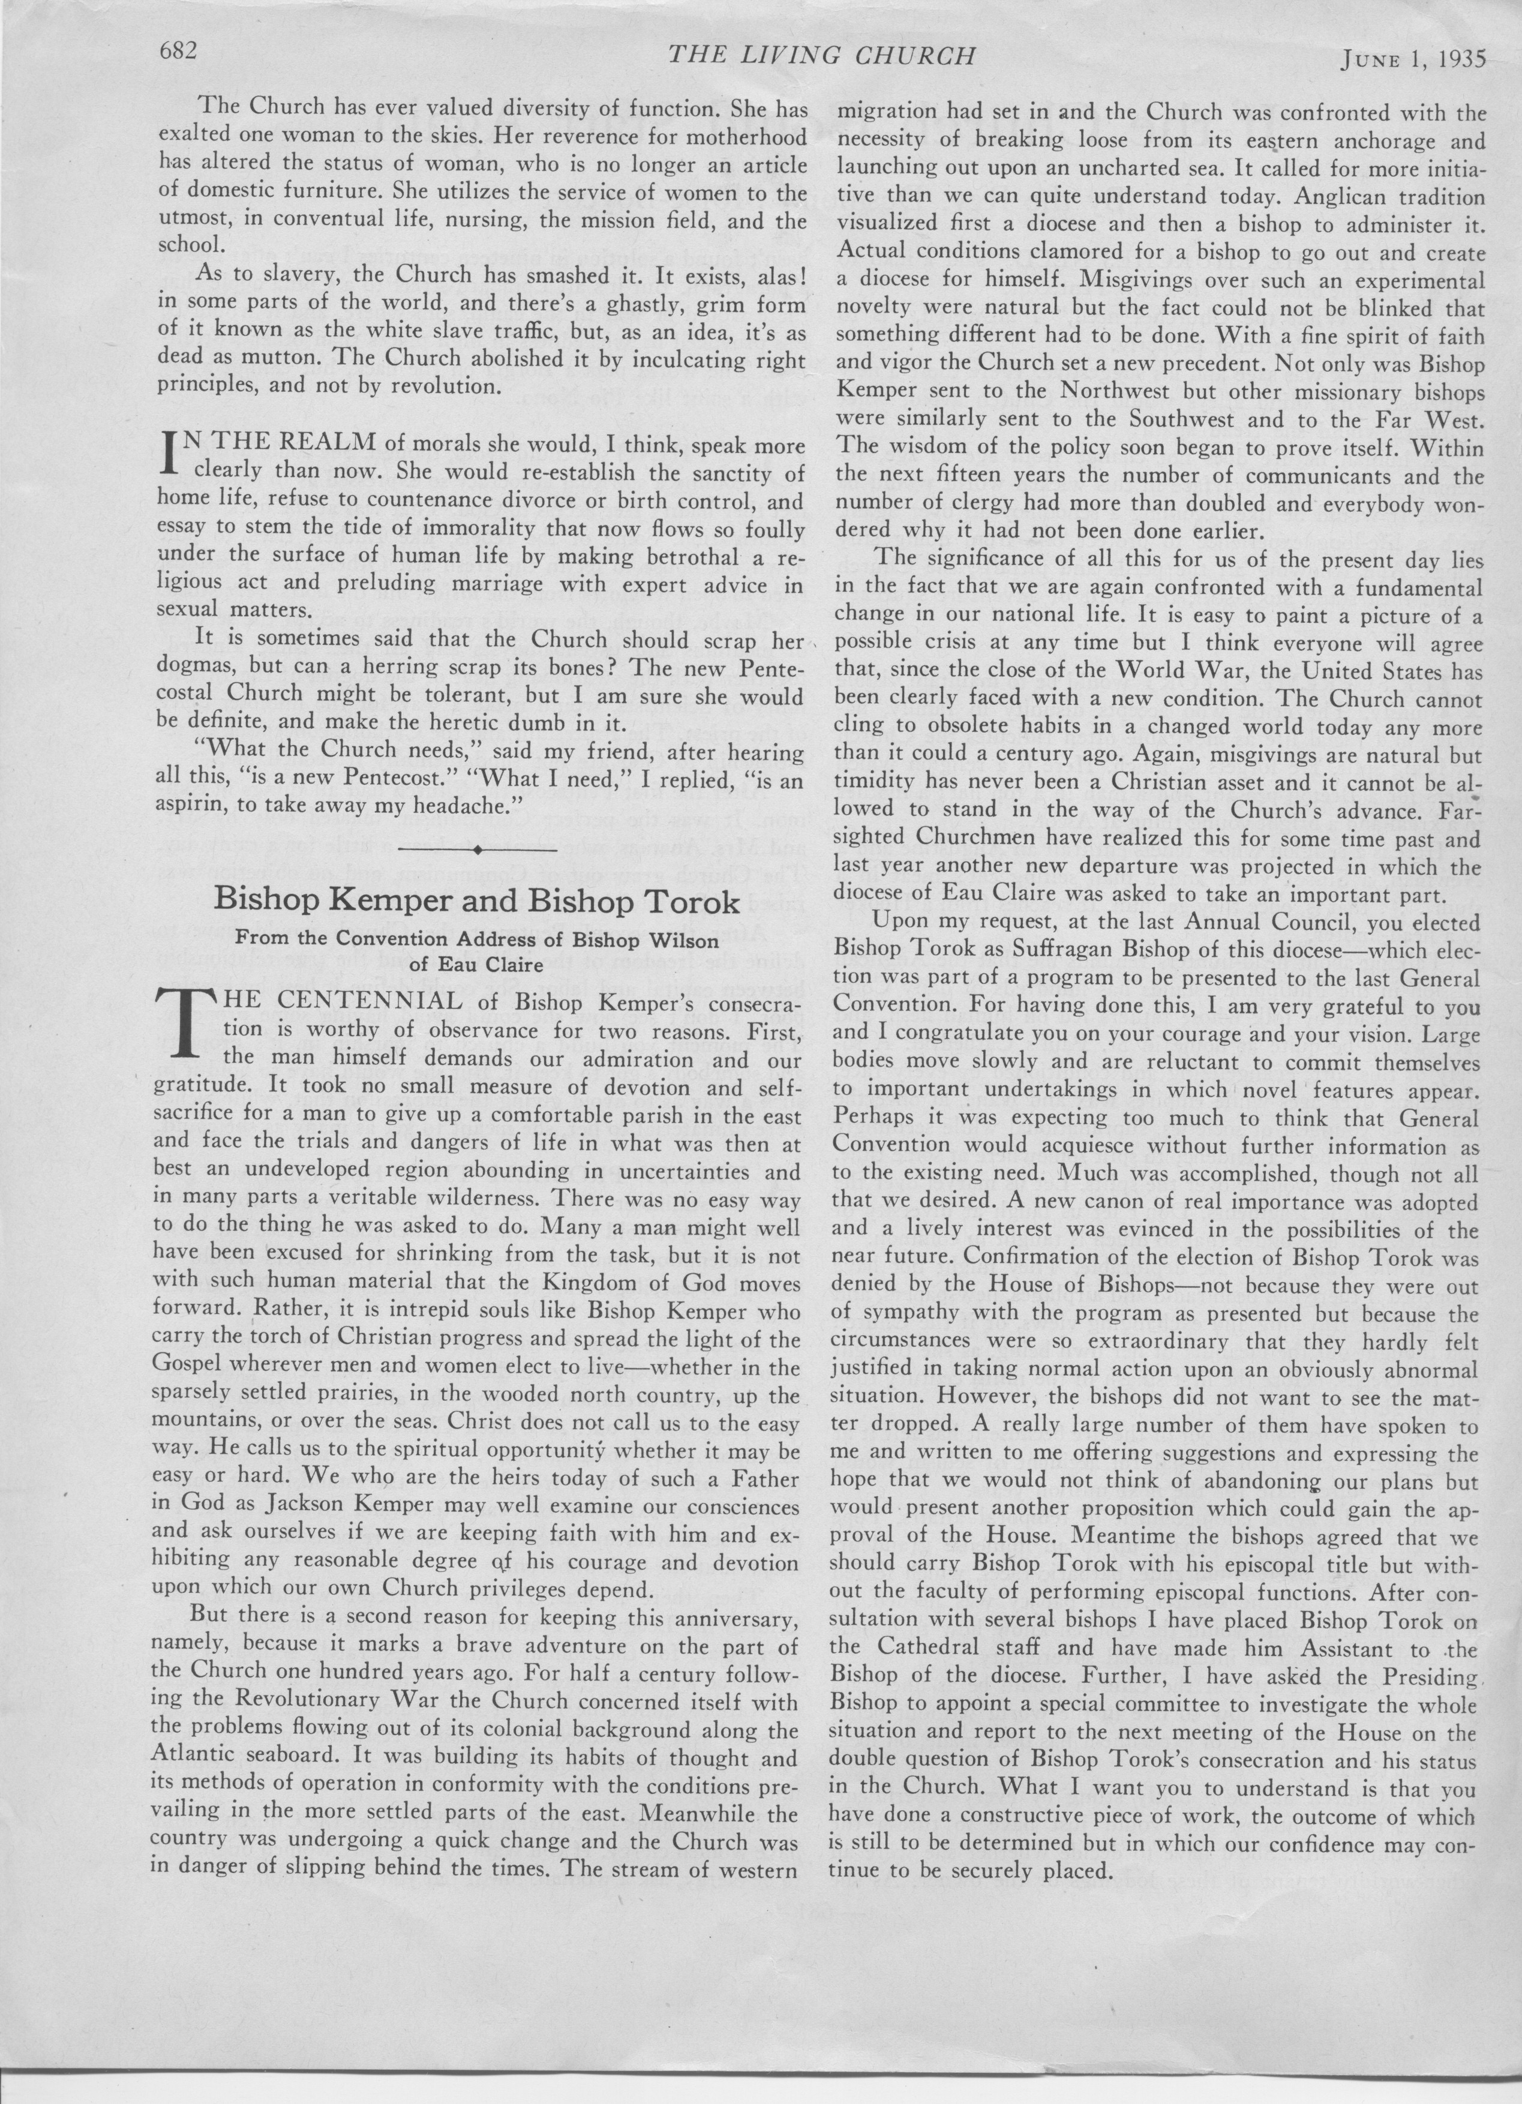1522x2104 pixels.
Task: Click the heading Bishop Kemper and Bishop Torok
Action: [477, 900]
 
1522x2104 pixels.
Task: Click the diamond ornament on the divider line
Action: [477, 849]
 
